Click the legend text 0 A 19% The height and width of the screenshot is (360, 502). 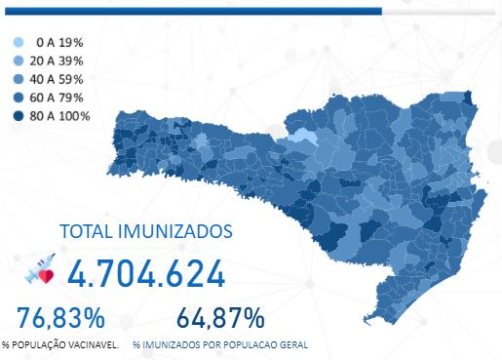click(x=58, y=43)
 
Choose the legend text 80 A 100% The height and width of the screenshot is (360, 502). click(x=60, y=116)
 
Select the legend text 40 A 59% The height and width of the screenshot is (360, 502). click(x=58, y=79)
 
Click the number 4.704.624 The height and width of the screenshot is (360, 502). click(x=146, y=274)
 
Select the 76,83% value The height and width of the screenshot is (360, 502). click(x=60, y=317)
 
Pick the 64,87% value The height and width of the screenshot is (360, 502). click(x=220, y=317)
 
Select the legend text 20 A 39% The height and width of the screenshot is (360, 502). click(x=58, y=60)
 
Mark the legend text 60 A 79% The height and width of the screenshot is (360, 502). click(x=58, y=98)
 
